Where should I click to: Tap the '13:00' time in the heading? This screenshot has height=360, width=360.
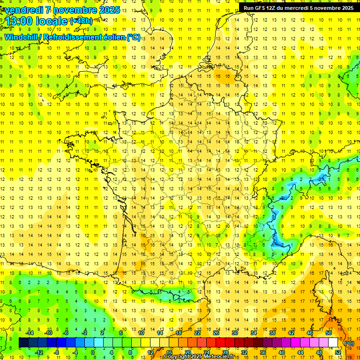[x=19, y=21]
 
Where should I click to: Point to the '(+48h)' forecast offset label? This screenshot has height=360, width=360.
[x=81, y=21]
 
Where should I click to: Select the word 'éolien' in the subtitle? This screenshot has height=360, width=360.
[x=112, y=37]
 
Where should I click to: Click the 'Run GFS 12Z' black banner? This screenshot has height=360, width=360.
[x=299, y=8]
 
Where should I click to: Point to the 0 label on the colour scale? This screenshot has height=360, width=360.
[x=93, y=352]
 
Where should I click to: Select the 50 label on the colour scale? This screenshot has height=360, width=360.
[x=329, y=333]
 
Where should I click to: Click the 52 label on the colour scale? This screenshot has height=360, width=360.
[x=338, y=352]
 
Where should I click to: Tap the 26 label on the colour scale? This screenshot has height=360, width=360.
[x=216, y=333]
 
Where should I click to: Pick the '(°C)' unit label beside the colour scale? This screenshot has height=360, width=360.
[x=349, y=343]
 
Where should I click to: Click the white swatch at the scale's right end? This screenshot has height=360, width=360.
[x=333, y=343]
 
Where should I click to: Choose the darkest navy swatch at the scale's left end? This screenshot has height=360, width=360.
[x=23, y=343]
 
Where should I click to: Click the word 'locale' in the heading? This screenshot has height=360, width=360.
[x=52, y=21]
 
